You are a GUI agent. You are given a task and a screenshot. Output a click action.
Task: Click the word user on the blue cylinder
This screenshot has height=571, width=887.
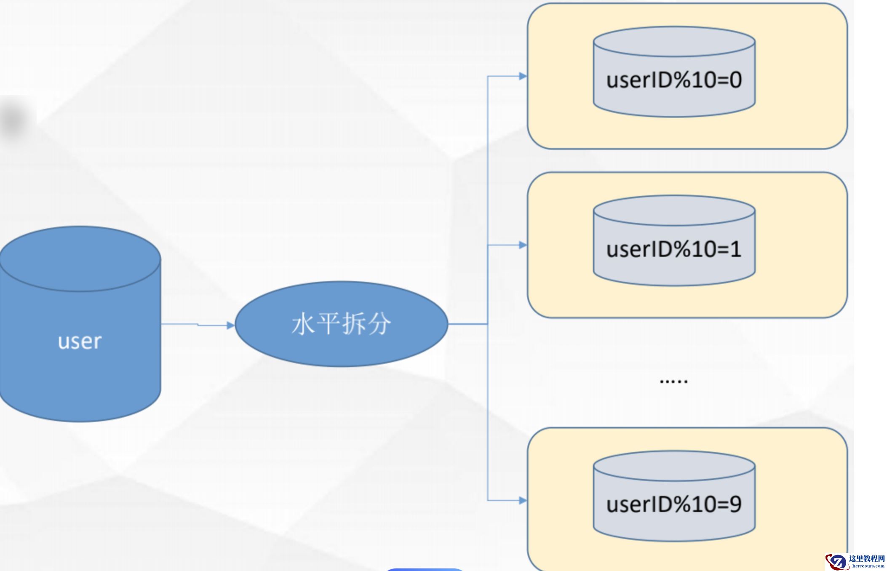[80, 341]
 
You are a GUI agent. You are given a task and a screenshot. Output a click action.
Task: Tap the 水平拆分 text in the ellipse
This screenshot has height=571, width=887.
[341, 324]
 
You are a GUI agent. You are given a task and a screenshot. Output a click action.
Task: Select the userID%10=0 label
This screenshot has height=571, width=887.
[674, 80]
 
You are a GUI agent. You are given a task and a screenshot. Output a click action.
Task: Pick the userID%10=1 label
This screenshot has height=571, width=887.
[674, 249]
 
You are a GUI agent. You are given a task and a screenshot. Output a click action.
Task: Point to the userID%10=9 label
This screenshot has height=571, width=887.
[674, 504]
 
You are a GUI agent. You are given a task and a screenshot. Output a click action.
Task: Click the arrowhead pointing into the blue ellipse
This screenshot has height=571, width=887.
[230, 325]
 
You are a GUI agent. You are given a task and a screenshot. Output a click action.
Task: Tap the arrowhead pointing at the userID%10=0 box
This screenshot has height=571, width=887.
[523, 76]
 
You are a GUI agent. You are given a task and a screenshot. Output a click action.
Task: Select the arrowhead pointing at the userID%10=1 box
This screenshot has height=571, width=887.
[523, 245]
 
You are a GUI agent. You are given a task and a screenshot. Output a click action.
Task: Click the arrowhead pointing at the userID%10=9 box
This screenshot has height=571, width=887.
[523, 500]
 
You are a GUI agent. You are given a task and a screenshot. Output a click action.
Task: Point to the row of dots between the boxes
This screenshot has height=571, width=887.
[673, 381]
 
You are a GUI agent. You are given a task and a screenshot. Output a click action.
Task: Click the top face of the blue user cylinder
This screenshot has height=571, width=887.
[80, 259]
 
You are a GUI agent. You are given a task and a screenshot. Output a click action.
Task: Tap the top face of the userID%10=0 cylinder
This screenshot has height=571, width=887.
[674, 42]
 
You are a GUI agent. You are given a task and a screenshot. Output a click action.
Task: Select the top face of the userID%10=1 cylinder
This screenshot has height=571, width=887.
[674, 211]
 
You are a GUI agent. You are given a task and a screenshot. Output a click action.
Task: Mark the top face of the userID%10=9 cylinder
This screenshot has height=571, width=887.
[674, 466]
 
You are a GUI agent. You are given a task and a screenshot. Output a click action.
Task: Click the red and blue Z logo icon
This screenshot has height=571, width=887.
[836, 562]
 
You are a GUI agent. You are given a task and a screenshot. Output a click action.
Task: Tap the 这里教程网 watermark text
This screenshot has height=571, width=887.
[867, 558]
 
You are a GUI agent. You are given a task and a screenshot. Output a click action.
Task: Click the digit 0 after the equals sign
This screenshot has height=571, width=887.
[736, 80]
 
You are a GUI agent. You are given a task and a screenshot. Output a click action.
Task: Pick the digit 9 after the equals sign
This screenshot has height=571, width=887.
[735, 504]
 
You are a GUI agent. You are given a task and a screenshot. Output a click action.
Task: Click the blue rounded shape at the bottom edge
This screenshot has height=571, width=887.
[425, 569]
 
